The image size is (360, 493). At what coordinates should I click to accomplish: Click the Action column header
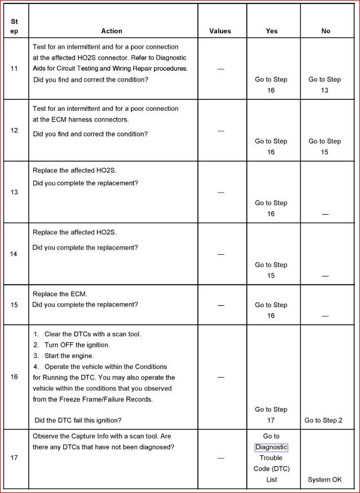tap(111, 31)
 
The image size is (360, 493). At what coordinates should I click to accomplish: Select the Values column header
tap(220, 31)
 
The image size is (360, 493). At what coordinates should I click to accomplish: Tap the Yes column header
tap(272, 31)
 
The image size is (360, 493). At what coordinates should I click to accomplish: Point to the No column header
tap(326, 31)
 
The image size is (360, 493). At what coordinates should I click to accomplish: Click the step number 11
tap(14, 69)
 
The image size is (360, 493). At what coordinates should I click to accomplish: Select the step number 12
tap(14, 130)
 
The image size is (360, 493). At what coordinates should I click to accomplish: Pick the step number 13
tap(14, 192)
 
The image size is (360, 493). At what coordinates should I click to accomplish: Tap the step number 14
tap(14, 254)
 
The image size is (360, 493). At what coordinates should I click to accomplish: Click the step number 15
tap(14, 305)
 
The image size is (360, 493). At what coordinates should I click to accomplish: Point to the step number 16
tap(14, 377)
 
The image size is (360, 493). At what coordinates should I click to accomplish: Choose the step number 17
tap(14, 457)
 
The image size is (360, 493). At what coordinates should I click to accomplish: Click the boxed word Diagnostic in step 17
tap(272, 447)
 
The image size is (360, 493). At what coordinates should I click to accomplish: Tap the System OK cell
tap(324, 479)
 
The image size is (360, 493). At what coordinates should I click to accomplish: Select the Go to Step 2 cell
tap(323, 420)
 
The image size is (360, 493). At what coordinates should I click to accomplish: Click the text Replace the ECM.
tap(60, 294)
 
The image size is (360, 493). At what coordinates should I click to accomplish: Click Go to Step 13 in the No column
tap(324, 85)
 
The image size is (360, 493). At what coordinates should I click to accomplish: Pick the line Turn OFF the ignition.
tap(77, 345)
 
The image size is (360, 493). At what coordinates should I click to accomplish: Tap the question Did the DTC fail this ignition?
tap(78, 420)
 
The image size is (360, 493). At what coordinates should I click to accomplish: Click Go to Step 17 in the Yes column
tap(271, 414)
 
